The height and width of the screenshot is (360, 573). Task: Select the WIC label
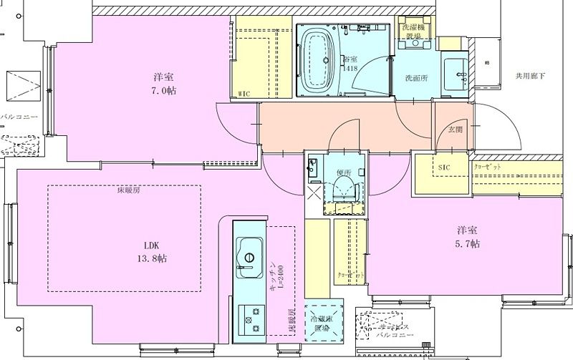point(244,93)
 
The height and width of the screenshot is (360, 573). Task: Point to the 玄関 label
point(455,130)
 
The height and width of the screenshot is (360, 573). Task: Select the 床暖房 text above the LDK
point(128,191)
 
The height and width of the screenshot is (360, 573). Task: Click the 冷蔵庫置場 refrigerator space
point(323,323)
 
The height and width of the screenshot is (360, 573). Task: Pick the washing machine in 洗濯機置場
point(415,37)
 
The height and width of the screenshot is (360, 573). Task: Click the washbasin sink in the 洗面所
point(456,74)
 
